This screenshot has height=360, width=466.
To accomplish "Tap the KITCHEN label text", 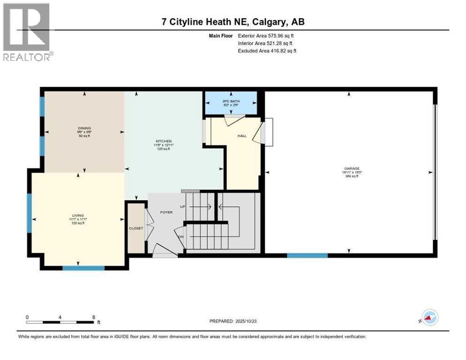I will coord(164,141).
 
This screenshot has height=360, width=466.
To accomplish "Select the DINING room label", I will coord(84,128).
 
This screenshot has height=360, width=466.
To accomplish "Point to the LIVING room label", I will coord(78,215).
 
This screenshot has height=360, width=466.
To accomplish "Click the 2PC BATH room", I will coord(230,103).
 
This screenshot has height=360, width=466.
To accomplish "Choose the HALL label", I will coord(242,135).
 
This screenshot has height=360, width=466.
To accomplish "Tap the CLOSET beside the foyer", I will coord(136,228).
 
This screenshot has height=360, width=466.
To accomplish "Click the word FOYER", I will coord(166,212).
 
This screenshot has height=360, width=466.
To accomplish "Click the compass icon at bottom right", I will coord(429,317).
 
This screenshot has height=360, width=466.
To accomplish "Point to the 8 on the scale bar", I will coord(94,317).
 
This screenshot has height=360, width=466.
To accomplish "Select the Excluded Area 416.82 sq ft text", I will coord(281,51).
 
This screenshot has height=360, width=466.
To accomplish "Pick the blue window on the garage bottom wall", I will coord(307,255).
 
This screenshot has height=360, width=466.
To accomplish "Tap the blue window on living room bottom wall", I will coord(83,268).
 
